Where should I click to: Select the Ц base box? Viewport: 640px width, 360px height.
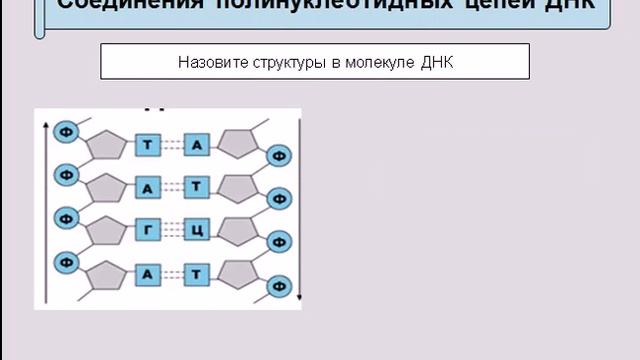click(x=197, y=230)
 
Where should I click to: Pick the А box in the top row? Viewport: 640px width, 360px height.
click(x=197, y=146)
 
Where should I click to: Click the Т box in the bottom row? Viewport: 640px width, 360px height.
click(x=197, y=273)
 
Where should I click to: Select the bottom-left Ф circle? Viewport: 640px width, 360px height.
click(x=65, y=261)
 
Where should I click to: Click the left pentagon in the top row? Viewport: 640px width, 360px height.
click(x=106, y=147)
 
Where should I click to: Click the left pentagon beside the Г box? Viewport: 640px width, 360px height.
click(x=106, y=231)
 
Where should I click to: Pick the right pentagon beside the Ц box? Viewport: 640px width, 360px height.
click(x=239, y=230)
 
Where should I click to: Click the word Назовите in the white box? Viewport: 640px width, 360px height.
click(x=208, y=62)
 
